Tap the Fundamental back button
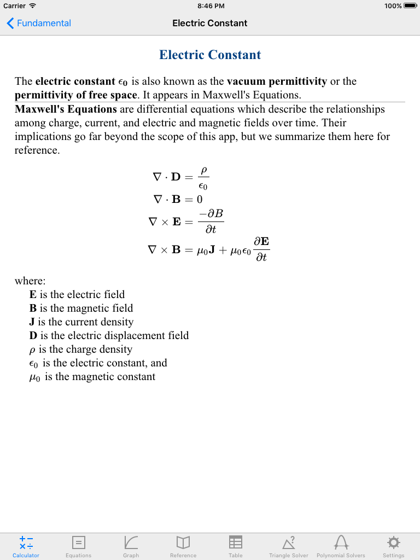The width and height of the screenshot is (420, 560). click(39, 23)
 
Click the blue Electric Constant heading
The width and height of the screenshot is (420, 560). click(210, 55)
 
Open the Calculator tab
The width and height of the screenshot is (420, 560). click(26, 546)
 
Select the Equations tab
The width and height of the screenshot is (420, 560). click(79, 546)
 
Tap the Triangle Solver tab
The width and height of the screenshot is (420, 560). click(289, 546)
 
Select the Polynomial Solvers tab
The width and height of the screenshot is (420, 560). click(341, 546)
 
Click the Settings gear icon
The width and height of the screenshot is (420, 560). click(393, 542)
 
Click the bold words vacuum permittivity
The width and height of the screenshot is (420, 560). click(277, 81)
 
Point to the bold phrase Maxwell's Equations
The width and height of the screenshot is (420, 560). click(66, 109)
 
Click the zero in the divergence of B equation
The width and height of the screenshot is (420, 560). click(200, 199)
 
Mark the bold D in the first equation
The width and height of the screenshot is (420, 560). click(176, 177)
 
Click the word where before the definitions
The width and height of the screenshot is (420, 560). click(30, 281)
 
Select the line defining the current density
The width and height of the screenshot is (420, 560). click(81, 322)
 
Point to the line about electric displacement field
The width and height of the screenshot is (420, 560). click(109, 336)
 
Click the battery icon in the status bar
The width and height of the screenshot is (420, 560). click(410, 6)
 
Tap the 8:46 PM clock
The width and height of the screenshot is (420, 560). click(210, 6)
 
